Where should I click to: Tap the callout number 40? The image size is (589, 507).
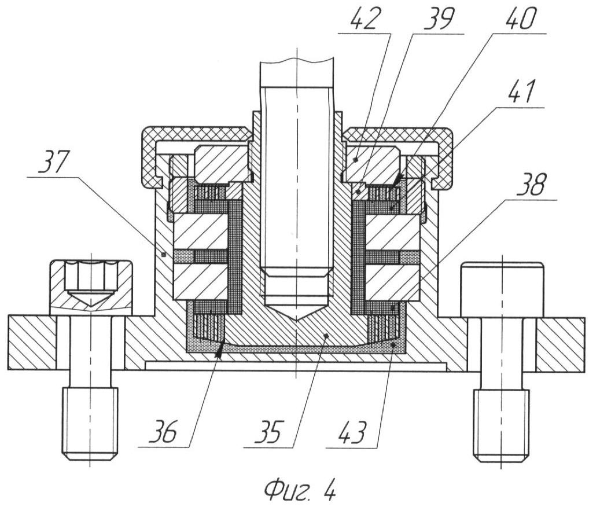pos(521,19)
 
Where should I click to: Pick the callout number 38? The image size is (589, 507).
pos(532,185)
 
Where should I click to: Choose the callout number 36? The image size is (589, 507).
pos(162,432)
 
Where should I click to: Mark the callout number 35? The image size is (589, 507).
pos(267,432)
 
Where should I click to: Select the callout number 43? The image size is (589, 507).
pos(351,432)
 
